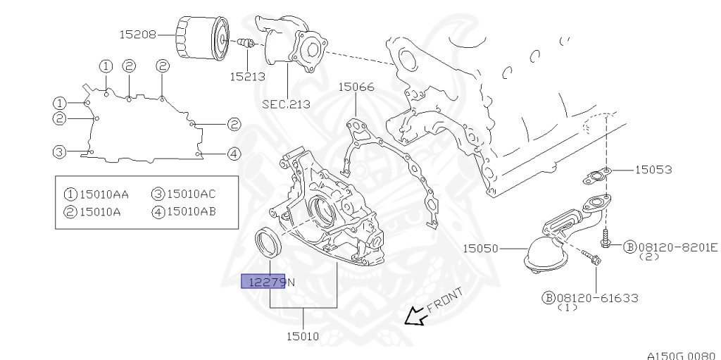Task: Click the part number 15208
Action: [138, 35]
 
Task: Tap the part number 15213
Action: [248, 76]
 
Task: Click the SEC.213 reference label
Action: [286, 104]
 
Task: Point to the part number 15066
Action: [356, 87]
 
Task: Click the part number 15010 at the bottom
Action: [303, 337]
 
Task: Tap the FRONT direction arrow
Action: [415, 316]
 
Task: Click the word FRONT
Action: [445, 299]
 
